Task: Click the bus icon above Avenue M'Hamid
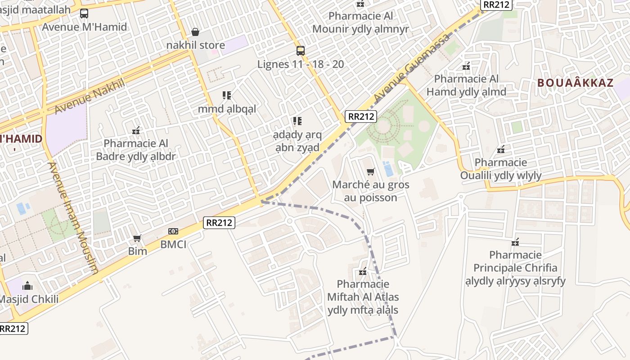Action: [84, 13]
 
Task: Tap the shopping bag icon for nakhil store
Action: [195, 32]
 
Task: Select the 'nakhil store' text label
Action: [195, 45]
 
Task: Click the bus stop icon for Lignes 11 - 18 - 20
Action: [301, 51]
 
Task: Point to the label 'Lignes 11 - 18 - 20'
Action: [301, 64]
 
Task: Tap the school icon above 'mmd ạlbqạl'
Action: [227, 95]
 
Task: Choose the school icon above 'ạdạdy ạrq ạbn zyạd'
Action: [297, 121]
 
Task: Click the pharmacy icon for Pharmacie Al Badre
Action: [136, 130]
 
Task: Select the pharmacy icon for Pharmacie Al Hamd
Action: [466, 66]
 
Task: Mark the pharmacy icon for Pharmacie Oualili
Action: [500, 149]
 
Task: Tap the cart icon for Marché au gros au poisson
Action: [371, 171]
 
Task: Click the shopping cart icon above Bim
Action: [137, 238]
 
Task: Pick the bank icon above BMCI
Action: [173, 231]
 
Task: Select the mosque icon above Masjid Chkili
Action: [27, 286]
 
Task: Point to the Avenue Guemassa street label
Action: [411, 67]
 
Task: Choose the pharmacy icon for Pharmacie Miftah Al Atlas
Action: [363, 271]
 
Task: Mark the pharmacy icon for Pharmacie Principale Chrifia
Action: [515, 242]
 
